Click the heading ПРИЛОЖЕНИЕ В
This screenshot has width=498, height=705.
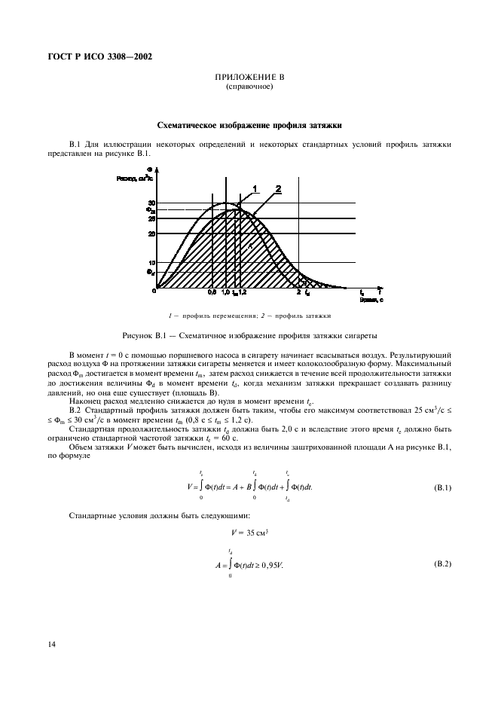[249, 78]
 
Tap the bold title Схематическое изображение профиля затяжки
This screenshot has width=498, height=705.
[249, 126]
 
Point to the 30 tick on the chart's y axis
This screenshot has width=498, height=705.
[151, 203]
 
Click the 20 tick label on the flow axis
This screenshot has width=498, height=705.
[151, 233]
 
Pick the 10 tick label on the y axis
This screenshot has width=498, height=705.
[151, 263]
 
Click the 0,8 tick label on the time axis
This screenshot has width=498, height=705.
[212, 292]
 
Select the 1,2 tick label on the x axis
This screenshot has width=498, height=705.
[243, 292]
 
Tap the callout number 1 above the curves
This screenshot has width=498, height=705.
[255, 188]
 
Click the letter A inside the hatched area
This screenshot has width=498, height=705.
[249, 246]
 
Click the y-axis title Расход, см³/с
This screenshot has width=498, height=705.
[133, 179]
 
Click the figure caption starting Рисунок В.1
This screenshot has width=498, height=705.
[249, 334]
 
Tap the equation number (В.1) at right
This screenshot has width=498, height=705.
[442, 488]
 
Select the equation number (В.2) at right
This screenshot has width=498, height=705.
[442, 564]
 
